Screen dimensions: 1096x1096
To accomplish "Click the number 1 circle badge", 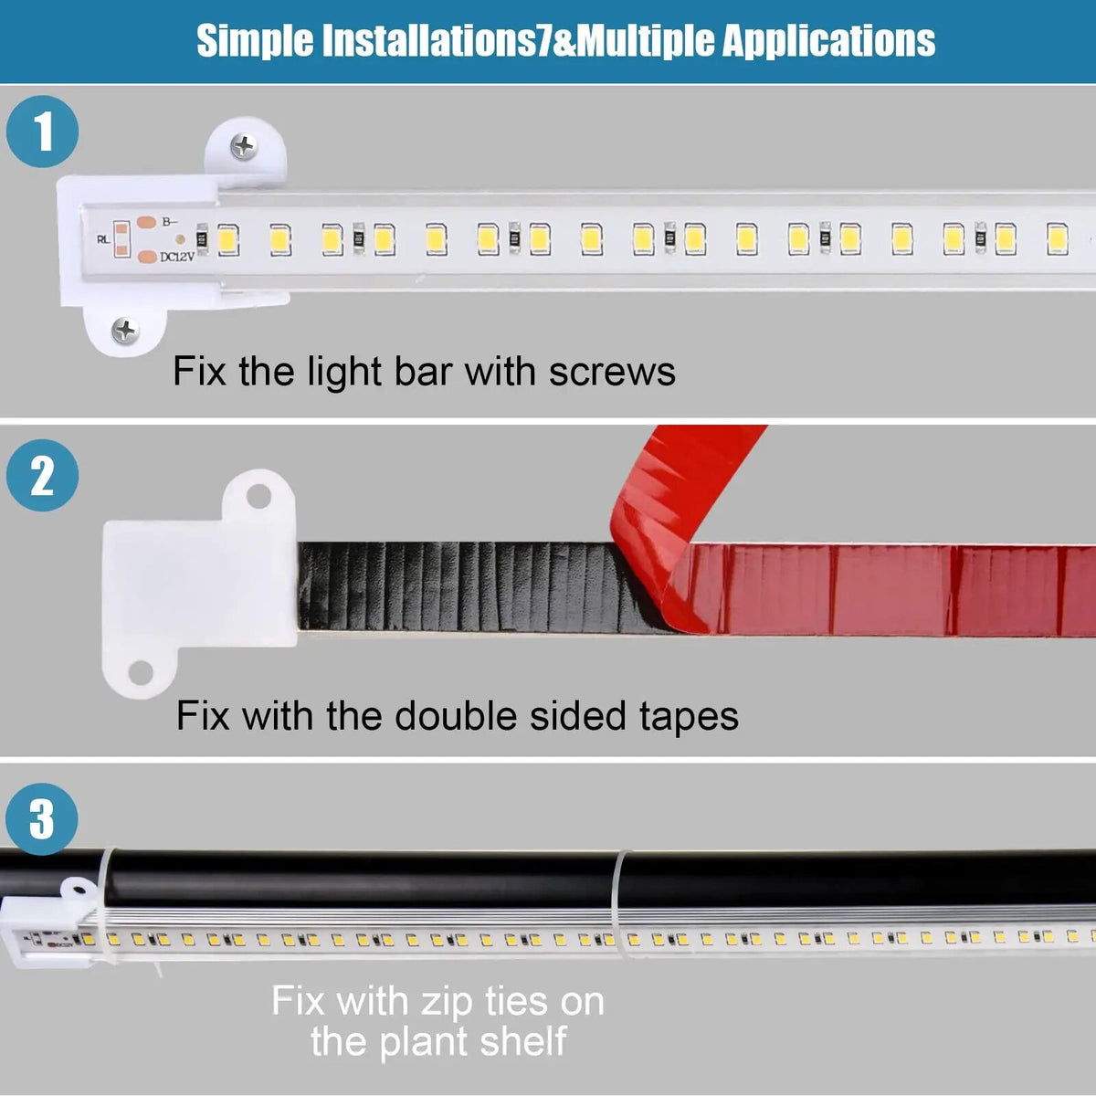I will pyautogui.click(x=42, y=132).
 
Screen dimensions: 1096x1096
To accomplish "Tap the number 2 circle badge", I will pyautogui.click(x=42, y=475).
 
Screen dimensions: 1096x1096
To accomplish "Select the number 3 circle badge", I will pyautogui.click(x=42, y=818).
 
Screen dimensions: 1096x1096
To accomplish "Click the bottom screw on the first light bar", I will pyautogui.click(x=124, y=331).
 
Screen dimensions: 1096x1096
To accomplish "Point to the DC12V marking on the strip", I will pyautogui.click(x=177, y=257).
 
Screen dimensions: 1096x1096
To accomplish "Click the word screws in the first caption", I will pyautogui.click(x=612, y=372).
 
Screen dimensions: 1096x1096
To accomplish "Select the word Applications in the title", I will pyautogui.click(x=828, y=41).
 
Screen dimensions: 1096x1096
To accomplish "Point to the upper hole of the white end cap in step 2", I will pyautogui.click(x=258, y=497).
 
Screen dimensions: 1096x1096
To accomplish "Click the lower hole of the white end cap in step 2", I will pyautogui.click(x=140, y=673).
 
